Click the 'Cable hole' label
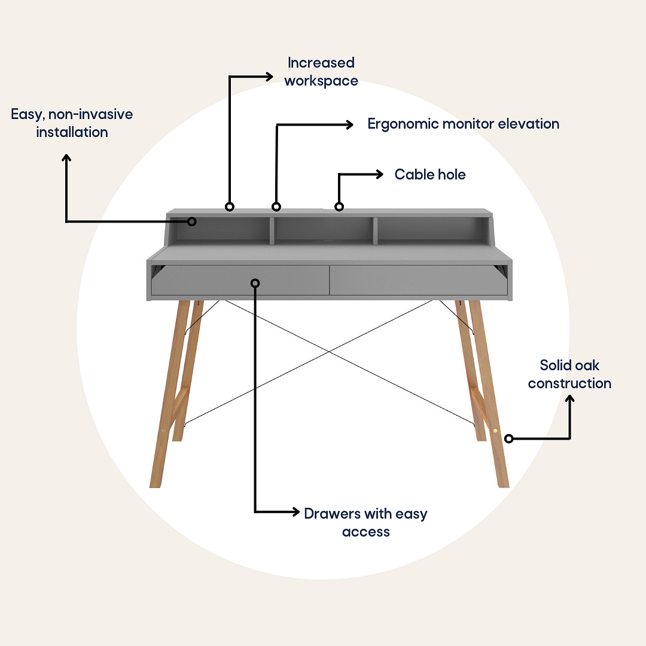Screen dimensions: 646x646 [430, 174]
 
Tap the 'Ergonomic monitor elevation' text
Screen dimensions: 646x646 [464, 124]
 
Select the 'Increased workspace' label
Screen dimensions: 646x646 [321, 72]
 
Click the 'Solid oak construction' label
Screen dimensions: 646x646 [570, 374]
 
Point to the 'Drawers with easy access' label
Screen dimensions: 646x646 [366, 522]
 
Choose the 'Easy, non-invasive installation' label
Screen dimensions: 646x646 [72, 123]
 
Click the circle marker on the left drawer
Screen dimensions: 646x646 [255, 283]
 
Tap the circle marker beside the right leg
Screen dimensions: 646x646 [509, 439]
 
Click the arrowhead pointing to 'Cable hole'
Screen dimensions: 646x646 [379, 174]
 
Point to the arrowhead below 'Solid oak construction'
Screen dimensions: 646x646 [570, 399]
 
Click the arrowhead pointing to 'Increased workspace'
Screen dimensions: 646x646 [269, 77]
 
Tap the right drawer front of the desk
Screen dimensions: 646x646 [419, 280]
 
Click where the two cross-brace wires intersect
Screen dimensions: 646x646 [329, 352]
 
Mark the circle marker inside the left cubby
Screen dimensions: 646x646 [191, 222]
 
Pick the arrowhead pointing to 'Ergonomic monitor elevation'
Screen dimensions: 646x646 [349, 124]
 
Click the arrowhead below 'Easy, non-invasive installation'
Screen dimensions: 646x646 [66, 158]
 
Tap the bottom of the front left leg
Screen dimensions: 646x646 [155, 486]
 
